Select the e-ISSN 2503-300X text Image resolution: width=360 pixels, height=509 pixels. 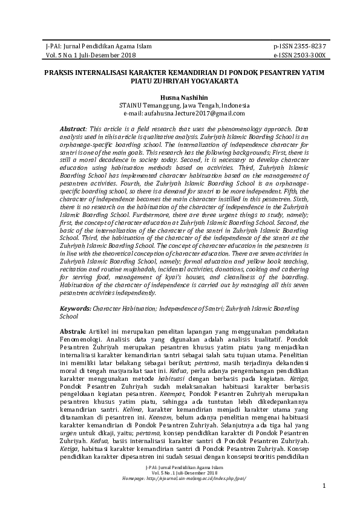tap(299, 54)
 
